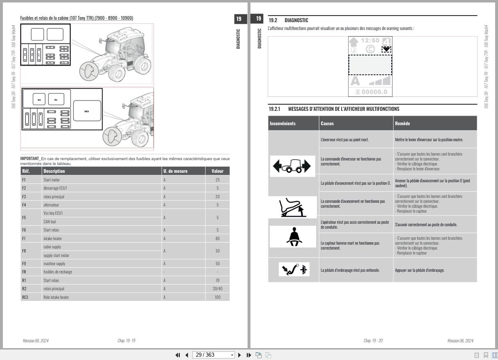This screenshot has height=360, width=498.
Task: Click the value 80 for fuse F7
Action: coord(217,238)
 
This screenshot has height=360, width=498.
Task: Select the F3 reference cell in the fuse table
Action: coord(24,197)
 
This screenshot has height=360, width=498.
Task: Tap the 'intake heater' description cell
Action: coord(51,238)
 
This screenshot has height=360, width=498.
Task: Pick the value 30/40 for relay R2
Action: coord(217,289)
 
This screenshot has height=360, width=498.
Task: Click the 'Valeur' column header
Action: coord(217,171)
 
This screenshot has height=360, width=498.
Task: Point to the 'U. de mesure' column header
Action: coord(175,171)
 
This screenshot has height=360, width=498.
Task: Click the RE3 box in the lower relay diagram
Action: coord(87,111)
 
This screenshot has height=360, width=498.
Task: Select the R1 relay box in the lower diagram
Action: coord(56,99)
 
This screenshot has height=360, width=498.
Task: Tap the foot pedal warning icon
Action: coord(293,207)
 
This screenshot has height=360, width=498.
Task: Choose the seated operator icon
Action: coord(293,237)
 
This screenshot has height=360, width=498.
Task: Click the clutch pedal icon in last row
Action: coord(294,270)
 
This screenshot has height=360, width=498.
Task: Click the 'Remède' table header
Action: coord(402,123)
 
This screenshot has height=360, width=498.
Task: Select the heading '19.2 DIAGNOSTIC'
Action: coord(288,20)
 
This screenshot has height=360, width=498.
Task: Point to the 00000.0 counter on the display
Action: coord(370,92)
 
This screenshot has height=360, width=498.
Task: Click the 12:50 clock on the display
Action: coord(370,40)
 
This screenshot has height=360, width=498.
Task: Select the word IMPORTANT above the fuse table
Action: coord(30,158)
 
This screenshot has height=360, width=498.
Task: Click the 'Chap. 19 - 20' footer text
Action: coord(373,341)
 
